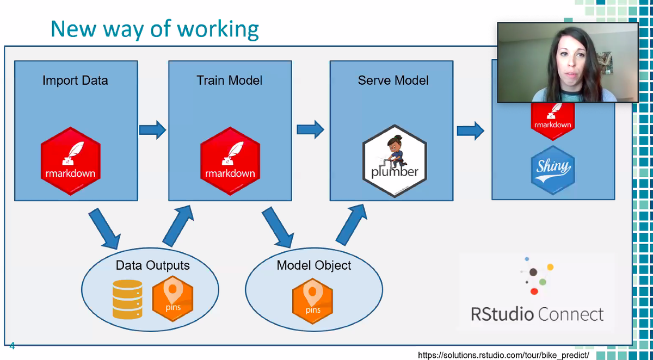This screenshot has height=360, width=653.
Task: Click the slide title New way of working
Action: (x=155, y=30)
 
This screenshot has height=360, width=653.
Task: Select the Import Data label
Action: (x=75, y=80)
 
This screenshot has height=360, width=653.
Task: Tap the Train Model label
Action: (x=230, y=80)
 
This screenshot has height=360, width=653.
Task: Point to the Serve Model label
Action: (x=393, y=80)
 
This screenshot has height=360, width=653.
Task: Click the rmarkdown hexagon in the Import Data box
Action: (x=71, y=161)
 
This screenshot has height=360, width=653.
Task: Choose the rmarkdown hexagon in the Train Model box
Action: (x=230, y=161)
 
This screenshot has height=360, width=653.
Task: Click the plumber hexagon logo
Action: (x=395, y=161)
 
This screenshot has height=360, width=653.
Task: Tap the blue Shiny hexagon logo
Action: (x=553, y=170)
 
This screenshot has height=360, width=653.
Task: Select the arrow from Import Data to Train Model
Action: (x=152, y=129)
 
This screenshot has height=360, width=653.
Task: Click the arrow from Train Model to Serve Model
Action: (x=310, y=129)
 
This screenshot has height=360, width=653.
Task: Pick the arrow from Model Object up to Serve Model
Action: (x=352, y=225)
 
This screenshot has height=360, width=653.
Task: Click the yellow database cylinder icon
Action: (x=127, y=300)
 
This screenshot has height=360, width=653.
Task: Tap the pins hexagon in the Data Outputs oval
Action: (x=173, y=299)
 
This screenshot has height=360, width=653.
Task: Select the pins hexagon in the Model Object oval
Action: (x=312, y=301)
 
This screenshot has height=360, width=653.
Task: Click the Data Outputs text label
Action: (x=152, y=265)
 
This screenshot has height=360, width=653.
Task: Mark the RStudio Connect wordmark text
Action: (x=537, y=314)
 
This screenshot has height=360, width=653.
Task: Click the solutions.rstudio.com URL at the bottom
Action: (x=503, y=355)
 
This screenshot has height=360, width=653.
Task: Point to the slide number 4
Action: (x=12, y=346)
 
